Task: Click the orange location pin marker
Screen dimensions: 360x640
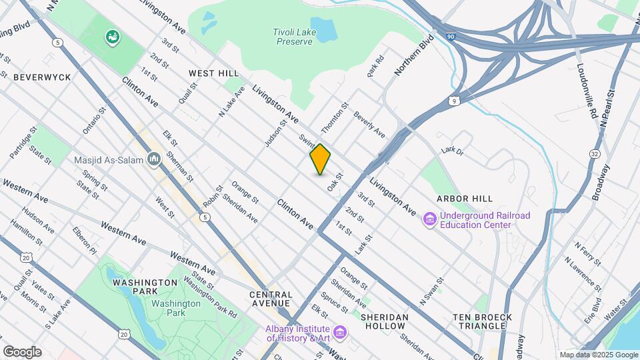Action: point(320,159)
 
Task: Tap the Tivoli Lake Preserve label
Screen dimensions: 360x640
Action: point(293,36)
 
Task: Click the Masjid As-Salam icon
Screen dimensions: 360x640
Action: point(155,159)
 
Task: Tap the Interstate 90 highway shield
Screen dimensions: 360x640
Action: point(451,38)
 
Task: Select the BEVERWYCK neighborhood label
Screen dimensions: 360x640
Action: point(42,77)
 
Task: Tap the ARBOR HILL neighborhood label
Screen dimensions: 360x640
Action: point(465,199)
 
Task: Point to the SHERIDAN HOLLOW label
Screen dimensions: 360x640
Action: point(384,321)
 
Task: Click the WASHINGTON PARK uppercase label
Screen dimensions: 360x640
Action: point(145,283)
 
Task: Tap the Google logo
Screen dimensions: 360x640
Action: point(22,351)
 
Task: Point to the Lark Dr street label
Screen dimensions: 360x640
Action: point(451,151)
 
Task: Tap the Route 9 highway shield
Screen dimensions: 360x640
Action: point(453,101)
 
